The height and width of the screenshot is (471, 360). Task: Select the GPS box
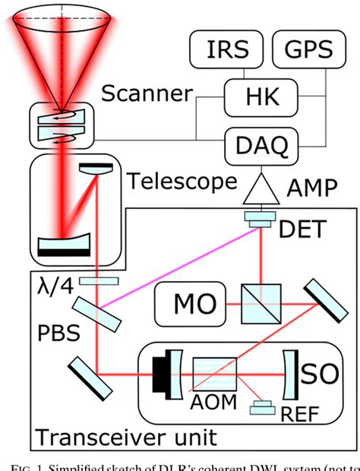click(308, 50)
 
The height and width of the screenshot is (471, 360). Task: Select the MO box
click(185, 304)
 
